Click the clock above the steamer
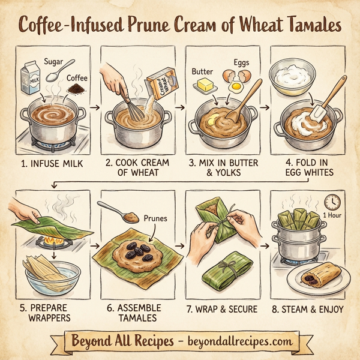332,202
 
